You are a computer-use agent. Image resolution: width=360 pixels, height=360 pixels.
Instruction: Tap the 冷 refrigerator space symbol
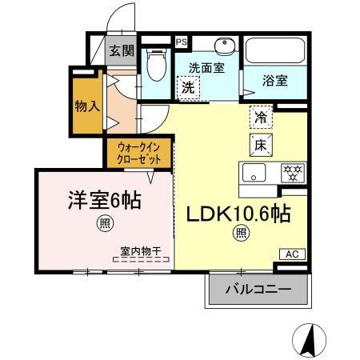[x=262, y=117]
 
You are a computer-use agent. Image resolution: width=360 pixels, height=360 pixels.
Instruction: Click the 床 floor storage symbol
[x=262, y=146]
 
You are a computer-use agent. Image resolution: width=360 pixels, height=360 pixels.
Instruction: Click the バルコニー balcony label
[x=257, y=289]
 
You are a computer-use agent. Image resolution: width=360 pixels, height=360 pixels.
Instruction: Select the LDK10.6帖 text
[x=238, y=214]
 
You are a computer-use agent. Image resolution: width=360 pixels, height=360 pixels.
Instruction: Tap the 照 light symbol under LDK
[x=240, y=234]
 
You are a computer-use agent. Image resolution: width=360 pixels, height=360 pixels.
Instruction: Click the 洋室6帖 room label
[x=103, y=200]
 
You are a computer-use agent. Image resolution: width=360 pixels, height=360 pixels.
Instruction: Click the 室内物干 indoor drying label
[x=141, y=251]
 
